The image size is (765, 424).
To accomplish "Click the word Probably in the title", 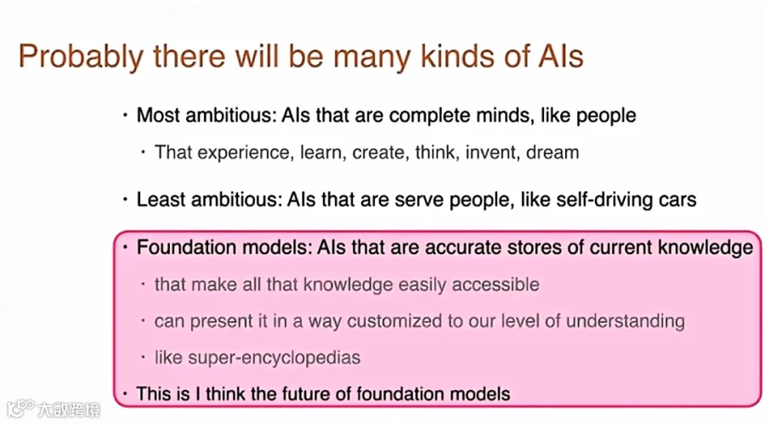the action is [x=81, y=58].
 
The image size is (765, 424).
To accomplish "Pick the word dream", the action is [x=552, y=152].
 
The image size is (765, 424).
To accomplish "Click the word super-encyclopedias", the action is [x=274, y=358].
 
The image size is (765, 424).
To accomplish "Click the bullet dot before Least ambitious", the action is [x=126, y=200].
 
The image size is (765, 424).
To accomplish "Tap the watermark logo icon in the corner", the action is [x=20, y=409].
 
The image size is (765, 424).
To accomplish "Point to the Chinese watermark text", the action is [x=68, y=410].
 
